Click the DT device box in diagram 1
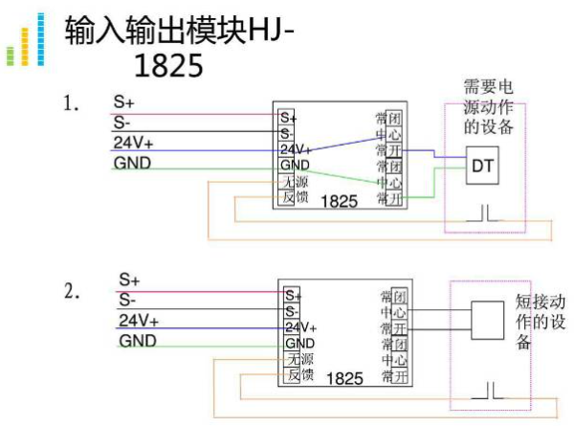481,165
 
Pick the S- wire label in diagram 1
122,123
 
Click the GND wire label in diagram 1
132,164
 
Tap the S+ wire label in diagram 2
130,280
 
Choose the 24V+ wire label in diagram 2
138,320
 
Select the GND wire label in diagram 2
138,341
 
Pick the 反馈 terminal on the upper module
295,197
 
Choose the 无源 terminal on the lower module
300,358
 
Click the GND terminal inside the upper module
296,165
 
